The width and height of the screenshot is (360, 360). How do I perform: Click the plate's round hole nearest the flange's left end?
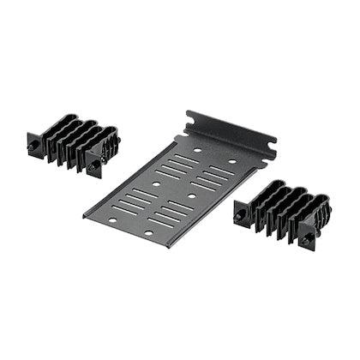pyautogui.click(x=195, y=151)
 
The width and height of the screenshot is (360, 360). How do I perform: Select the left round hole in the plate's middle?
pyautogui.click(x=157, y=183)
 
